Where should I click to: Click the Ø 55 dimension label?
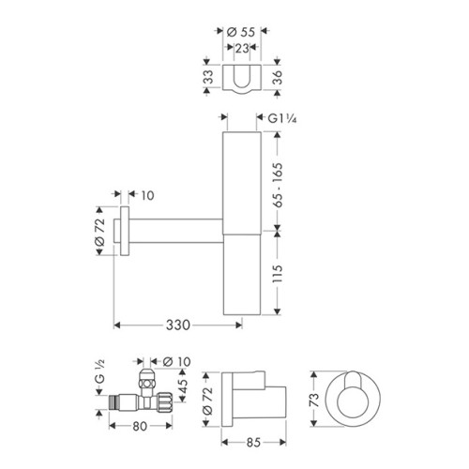[x=241, y=32]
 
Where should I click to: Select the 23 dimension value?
[x=242, y=48]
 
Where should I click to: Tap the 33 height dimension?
[x=208, y=77]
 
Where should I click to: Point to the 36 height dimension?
[x=278, y=77]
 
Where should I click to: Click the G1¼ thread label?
[x=282, y=118]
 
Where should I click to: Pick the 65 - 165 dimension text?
[x=278, y=185]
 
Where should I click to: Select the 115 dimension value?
[x=278, y=274]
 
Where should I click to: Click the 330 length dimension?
[x=177, y=325]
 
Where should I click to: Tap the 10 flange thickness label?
[x=147, y=196]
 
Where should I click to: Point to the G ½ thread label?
[x=99, y=372]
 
